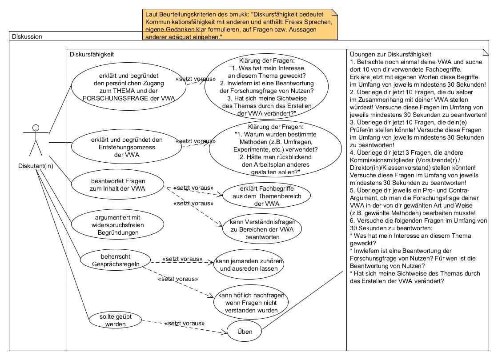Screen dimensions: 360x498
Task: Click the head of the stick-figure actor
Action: point(36,128)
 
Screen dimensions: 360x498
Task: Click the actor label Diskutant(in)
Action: point(36,166)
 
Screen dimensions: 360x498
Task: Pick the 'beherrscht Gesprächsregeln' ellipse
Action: point(116,260)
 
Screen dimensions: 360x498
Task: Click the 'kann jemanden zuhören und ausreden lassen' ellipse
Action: point(249,265)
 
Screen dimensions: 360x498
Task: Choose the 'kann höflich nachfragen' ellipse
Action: point(249,303)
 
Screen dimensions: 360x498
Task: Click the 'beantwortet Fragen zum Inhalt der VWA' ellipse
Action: point(118,185)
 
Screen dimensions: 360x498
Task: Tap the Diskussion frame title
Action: point(27,36)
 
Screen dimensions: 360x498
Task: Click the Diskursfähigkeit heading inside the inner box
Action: point(92,54)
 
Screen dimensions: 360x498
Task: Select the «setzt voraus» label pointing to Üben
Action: point(185,323)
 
